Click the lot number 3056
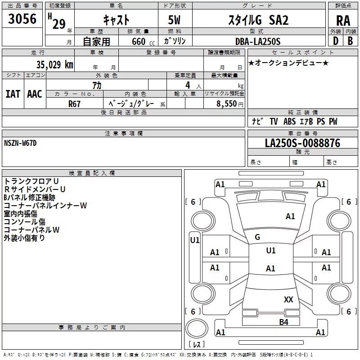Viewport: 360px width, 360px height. click(x=22, y=19)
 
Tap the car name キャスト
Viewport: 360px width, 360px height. click(x=116, y=20)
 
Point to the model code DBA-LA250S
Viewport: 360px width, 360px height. click(x=257, y=41)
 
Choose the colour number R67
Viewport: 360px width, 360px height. click(x=75, y=103)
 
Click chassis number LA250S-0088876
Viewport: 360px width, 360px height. click(x=302, y=144)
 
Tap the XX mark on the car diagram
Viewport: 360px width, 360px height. click(x=288, y=299)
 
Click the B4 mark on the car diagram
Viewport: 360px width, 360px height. click(x=283, y=322)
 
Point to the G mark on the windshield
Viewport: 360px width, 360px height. click(x=257, y=237)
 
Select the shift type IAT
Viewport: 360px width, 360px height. click(x=13, y=94)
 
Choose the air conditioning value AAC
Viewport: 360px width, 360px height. click(x=34, y=94)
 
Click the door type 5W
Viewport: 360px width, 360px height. click(x=175, y=20)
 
